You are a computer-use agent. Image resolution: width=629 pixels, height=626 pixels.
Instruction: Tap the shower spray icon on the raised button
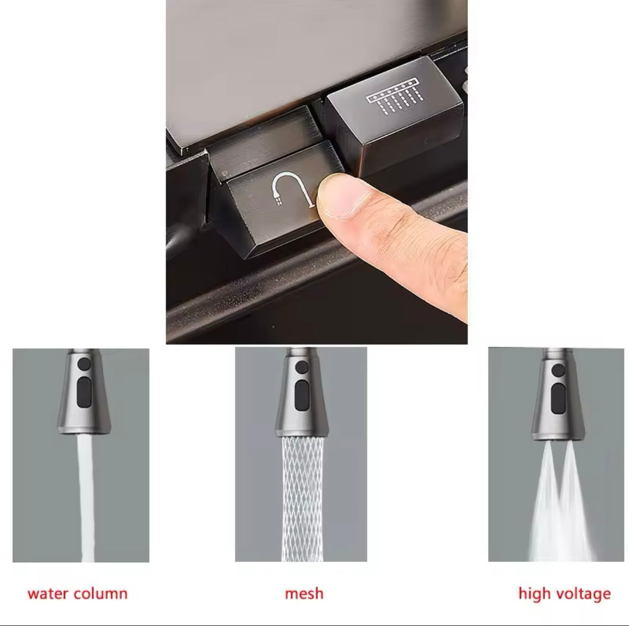(395, 97)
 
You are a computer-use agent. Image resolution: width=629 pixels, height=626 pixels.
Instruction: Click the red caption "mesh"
(304, 594)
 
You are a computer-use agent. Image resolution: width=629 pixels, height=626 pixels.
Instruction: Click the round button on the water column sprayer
(84, 363)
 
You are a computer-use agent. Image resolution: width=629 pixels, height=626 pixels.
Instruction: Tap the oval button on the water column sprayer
(84, 392)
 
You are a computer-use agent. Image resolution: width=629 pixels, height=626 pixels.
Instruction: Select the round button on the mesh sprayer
(302, 367)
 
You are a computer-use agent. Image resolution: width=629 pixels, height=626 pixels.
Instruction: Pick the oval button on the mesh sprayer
(302, 395)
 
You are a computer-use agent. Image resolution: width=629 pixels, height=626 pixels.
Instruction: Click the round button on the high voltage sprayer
(558, 370)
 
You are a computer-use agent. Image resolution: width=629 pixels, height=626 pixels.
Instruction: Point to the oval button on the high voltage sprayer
(558, 398)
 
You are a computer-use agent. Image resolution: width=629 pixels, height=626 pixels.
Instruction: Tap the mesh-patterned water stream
(302, 499)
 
